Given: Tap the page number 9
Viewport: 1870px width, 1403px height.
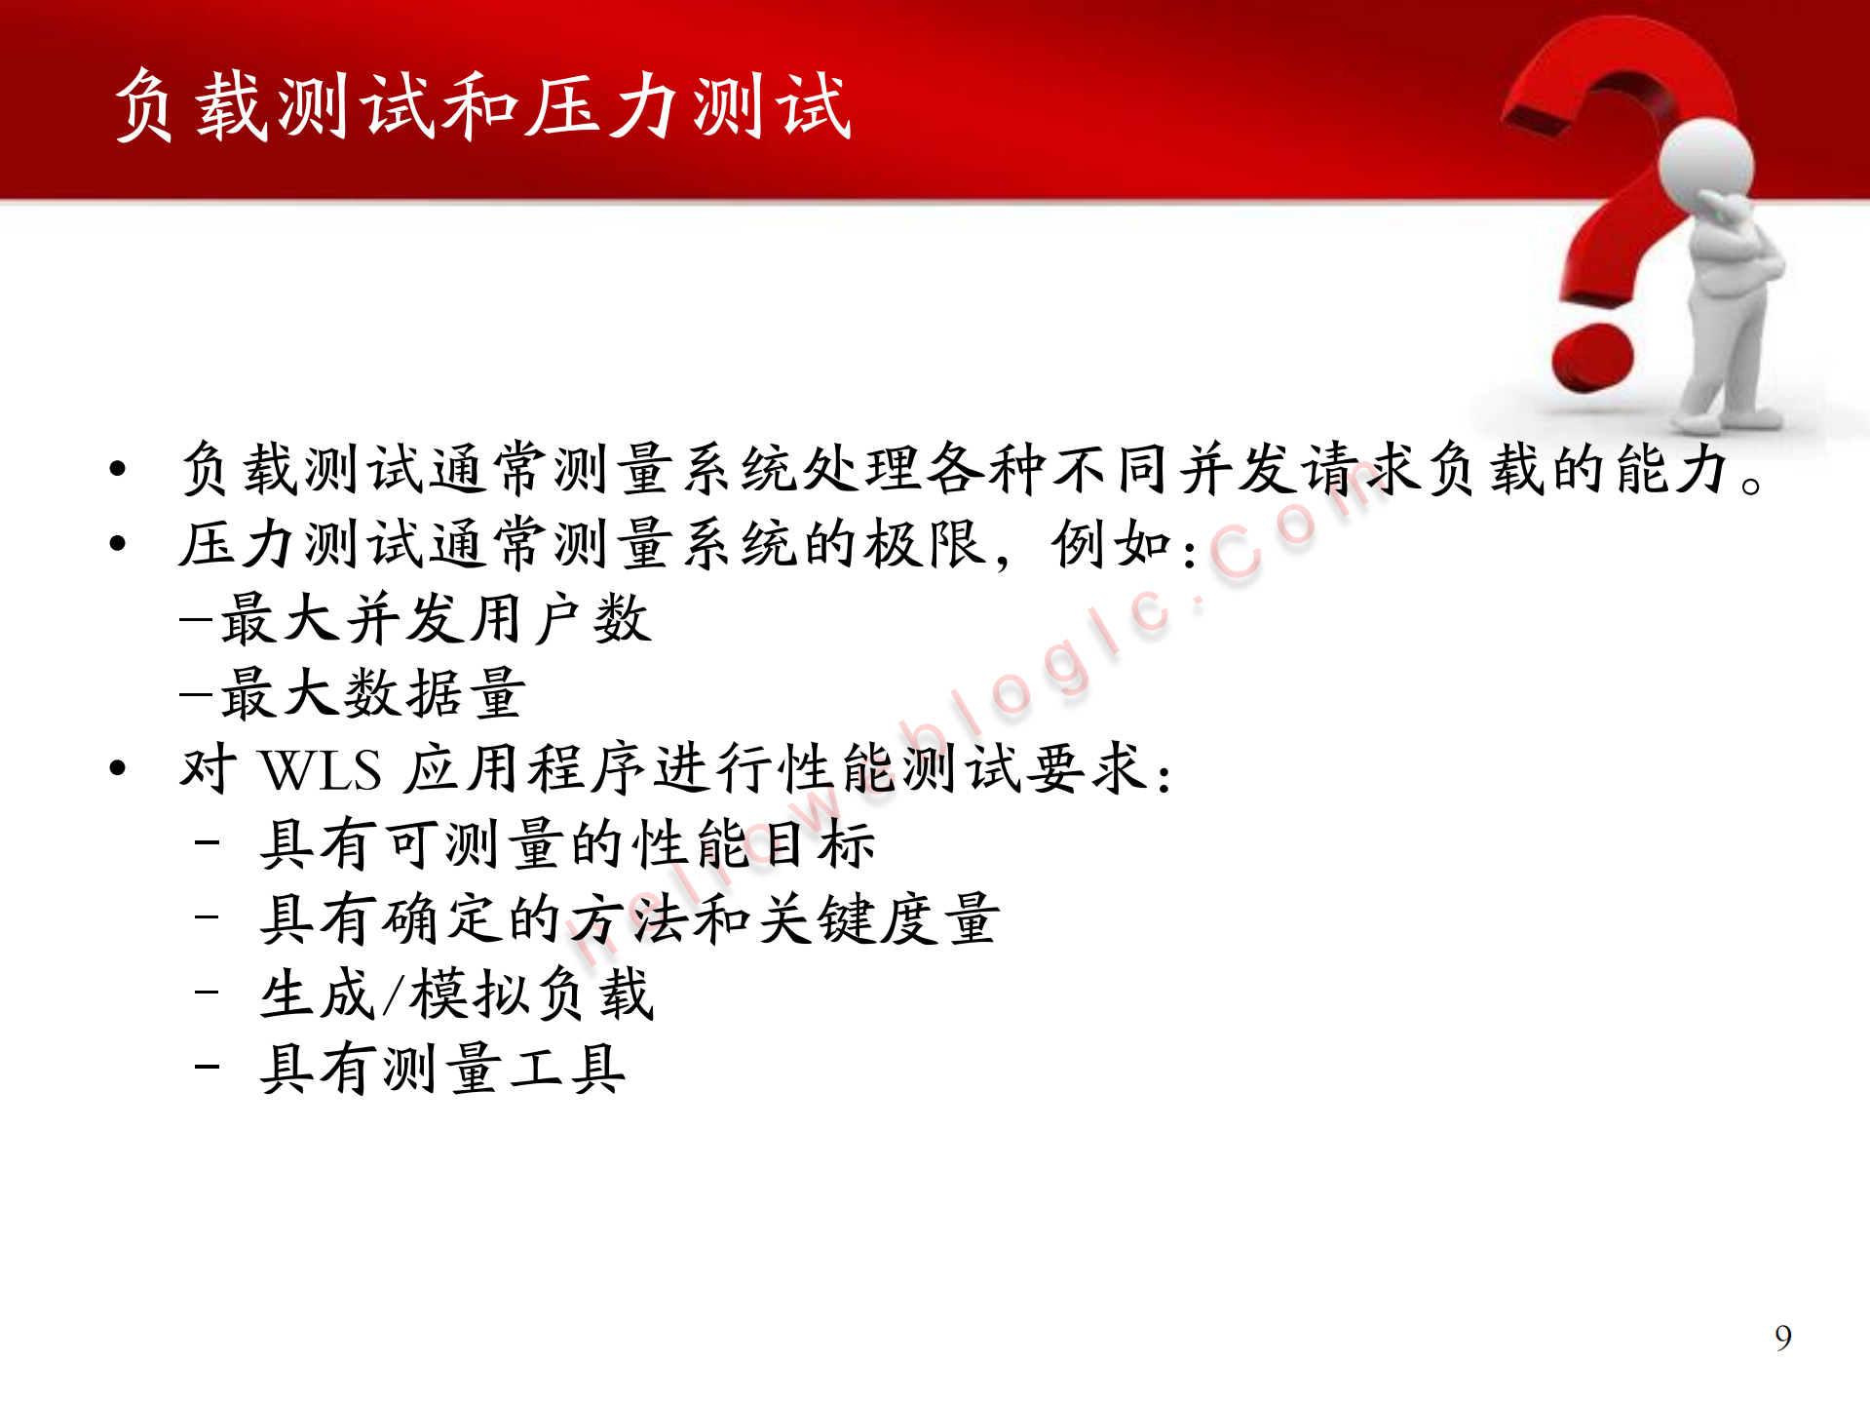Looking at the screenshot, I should tap(1782, 1338).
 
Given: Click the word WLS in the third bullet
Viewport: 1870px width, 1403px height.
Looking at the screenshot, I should tap(322, 770).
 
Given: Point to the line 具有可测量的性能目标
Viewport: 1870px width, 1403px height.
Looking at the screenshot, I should tap(567, 844).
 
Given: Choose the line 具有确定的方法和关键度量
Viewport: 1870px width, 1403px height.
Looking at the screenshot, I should tap(630, 919).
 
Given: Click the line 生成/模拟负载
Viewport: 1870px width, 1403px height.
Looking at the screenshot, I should tap(456, 994).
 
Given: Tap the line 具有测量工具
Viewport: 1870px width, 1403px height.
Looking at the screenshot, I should tap(442, 1070).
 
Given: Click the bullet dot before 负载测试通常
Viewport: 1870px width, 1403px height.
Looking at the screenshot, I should tap(118, 469).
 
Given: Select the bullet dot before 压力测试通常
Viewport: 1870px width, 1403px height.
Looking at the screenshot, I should tap(118, 544).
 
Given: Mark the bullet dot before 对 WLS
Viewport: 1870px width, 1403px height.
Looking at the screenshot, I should tap(118, 769).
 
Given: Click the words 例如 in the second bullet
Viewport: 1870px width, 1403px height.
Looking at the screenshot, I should tap(1111, 544).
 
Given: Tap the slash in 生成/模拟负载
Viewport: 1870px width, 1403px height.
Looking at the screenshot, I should tap(393, 995).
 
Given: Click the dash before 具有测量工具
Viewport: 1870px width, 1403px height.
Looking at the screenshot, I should tap(207, 1067).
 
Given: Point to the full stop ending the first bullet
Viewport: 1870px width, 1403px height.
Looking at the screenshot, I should tap(1751, 484).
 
